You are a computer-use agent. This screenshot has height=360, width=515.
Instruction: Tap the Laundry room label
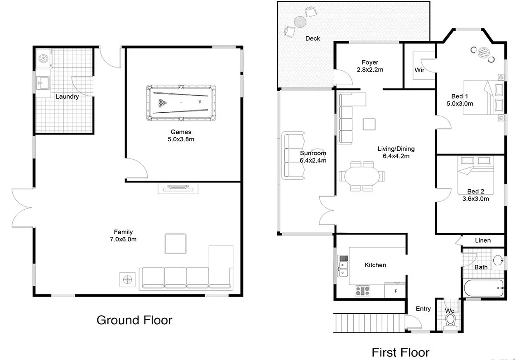67,96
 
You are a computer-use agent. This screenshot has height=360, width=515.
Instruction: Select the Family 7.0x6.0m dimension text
123,239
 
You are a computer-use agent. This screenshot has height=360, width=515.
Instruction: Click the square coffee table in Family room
175,244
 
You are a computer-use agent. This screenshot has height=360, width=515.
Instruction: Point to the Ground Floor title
135,320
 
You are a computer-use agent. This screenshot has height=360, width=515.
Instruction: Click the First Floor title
400,351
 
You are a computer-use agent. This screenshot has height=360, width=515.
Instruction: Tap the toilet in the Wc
450,320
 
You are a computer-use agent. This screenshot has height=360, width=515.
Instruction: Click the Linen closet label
482,240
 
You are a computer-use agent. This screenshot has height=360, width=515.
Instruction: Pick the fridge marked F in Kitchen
395,290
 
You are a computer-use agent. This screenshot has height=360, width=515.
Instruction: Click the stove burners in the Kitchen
363,291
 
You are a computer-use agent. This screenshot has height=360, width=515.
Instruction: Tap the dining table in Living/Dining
362,176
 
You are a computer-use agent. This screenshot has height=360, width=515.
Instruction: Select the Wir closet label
419,70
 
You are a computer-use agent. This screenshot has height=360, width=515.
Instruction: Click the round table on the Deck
300,22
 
